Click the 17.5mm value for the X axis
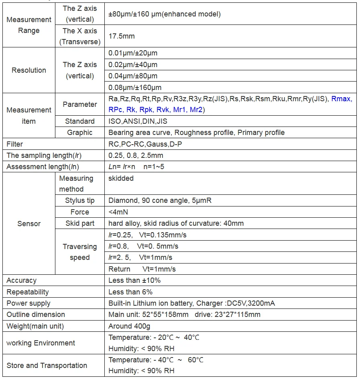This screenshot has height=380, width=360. [x=122, y=36]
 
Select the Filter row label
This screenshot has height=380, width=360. [x=15, y=144]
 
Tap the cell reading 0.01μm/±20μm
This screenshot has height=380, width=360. [x=133, y=53]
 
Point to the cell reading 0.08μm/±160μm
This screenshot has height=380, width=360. [x=135, y=87]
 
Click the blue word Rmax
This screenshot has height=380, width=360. [x=342, y=99]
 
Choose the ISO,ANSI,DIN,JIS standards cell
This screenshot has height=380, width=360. [x=138, y=121]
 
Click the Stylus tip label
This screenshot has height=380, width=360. [x=80, y=200]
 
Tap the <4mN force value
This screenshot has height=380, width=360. [x=118, y=212]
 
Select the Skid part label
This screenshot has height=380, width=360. [x=80, y=223]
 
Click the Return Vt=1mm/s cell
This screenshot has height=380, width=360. [x=142, y=269]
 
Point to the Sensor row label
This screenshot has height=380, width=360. [x=29, y=223]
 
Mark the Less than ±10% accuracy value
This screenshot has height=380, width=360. [x=134, y=280]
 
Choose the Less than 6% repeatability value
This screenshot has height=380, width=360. [x=130, y=292]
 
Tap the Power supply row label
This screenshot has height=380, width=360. [x=28, y=303]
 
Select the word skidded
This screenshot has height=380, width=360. [x=121, y=178]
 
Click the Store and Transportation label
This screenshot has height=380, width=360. [x=47, y=365]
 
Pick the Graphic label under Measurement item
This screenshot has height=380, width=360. [x=80, y=133]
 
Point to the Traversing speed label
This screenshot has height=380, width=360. [x=80, y=252]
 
